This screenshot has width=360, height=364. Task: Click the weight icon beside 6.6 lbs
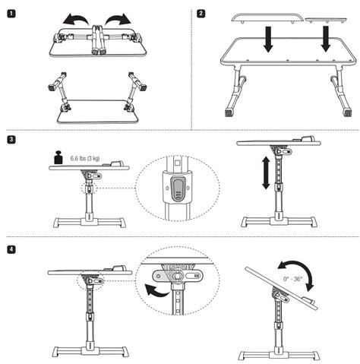coord(58,158)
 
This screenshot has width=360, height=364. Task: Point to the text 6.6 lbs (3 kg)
coord(84,158)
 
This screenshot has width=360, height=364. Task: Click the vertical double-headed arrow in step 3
coord(266,173)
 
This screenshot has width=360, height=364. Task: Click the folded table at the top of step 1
coord(97,42)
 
